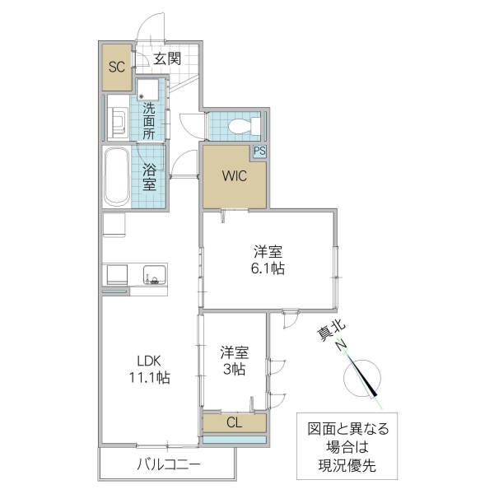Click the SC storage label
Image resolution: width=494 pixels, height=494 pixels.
click(117, 67)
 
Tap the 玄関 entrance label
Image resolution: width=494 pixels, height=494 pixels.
click(167, 58)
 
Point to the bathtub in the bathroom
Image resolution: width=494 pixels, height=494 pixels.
click(116, 178)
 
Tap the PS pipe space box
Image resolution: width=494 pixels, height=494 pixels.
click(259, 151)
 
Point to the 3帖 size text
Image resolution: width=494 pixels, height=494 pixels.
click(234, 370)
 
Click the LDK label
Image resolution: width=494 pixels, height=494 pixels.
click(149, 361)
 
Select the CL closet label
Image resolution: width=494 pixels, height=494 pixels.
click(234, 423)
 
